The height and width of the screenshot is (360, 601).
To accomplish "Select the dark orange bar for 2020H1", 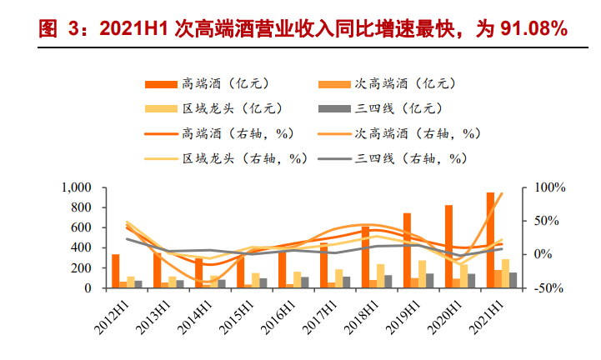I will (x=448, y=246).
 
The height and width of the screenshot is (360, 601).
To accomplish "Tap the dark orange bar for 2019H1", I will (x=407, y=250).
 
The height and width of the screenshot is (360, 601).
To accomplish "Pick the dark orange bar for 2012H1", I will (x=116, y=271).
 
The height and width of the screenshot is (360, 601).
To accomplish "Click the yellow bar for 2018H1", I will (x=380, y=276).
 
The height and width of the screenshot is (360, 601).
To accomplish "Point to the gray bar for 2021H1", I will (x=513, y=280).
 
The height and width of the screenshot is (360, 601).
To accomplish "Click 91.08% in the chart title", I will (x=531, y=30).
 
